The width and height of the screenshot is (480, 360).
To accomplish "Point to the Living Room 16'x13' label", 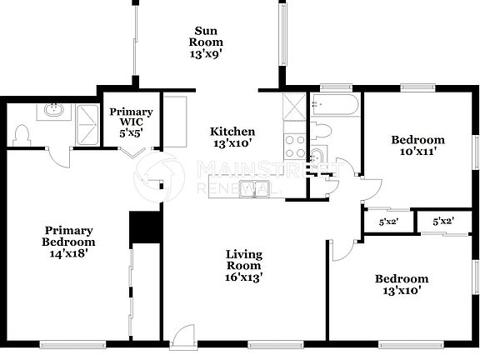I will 244,266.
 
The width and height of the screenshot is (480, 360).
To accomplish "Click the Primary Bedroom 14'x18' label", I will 68,242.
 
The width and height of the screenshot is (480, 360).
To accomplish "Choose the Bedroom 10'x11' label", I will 417,146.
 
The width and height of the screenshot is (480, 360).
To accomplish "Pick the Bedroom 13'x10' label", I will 401,284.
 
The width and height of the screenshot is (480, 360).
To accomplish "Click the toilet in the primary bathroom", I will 23,132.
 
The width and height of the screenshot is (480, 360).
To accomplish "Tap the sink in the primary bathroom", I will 54,110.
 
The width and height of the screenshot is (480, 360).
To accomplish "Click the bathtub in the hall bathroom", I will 335,105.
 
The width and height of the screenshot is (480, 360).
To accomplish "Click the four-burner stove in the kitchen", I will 295,147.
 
